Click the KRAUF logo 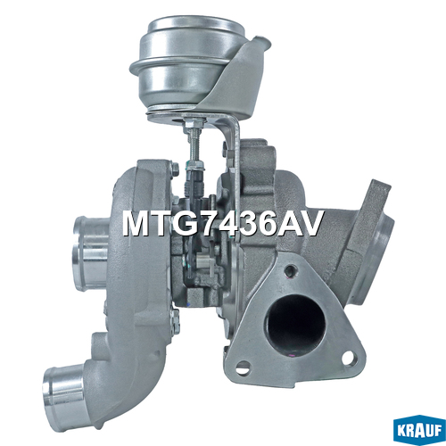[x=419, y=432]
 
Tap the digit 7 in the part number [x=203, y=224]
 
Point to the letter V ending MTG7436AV [x=310, y=224]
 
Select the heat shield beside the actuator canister [x=241, y=78]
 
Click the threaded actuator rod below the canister [x=192, y=141]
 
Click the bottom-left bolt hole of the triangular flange [x=244, y=365]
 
